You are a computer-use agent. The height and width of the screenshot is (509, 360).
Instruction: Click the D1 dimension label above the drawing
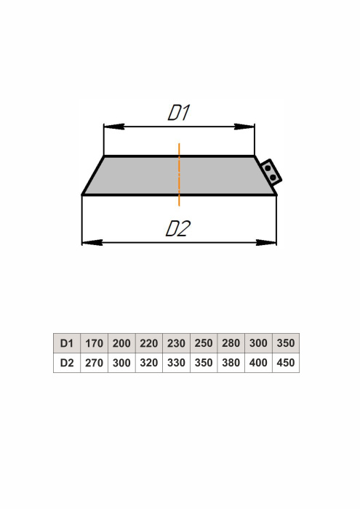(178, 112)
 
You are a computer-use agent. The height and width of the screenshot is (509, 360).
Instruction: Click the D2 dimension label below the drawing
(178, 228)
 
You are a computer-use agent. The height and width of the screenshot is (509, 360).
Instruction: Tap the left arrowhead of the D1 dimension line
(113, 127)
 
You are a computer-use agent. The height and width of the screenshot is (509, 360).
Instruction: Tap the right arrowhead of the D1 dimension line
(244, 127)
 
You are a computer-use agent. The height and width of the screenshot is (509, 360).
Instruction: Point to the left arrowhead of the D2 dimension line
(92, 242)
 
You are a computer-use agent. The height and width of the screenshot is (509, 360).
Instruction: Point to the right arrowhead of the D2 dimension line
(266, 242)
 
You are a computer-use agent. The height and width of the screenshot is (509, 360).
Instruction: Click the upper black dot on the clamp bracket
(268, 169)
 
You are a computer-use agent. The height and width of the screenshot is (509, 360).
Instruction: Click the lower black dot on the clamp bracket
(273, 177)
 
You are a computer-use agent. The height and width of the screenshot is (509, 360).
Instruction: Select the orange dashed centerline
(179, 175)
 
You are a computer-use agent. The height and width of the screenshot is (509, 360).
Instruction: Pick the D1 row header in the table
(67, 343)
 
